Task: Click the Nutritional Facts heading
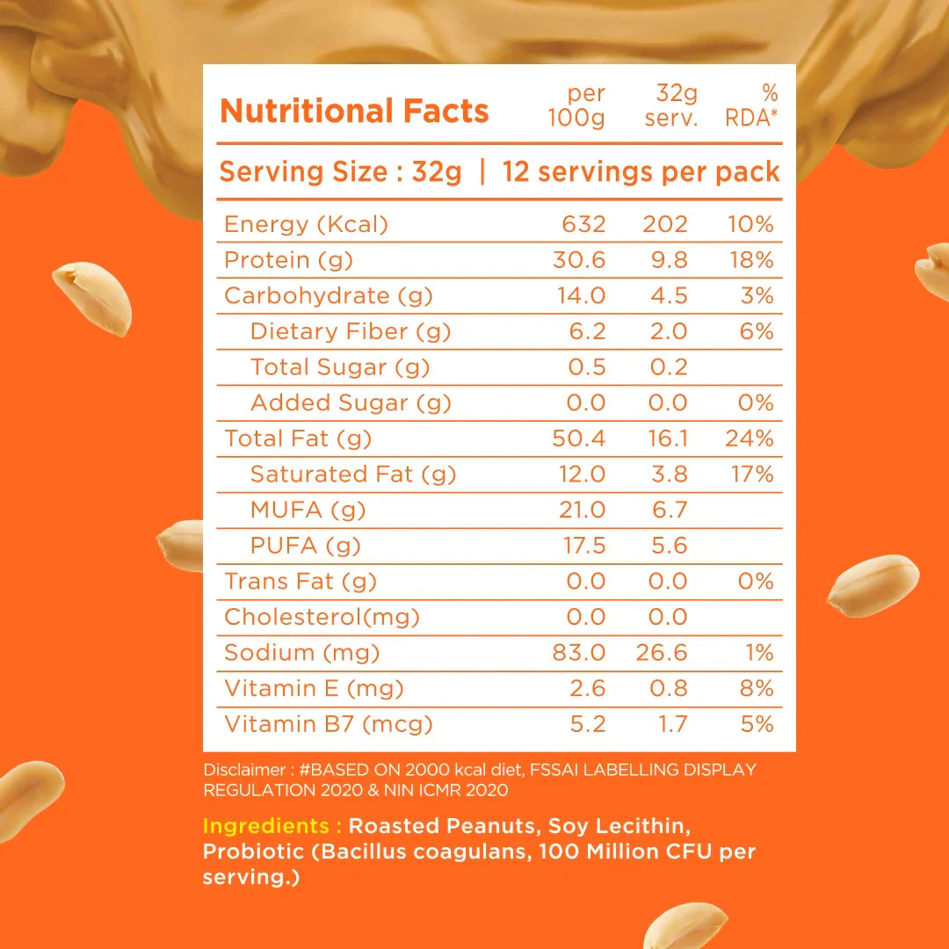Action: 354,112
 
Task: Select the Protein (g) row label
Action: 279,260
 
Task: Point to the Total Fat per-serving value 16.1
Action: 668,438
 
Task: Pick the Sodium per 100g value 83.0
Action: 581,653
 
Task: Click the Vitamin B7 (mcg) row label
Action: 329,724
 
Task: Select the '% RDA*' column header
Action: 752,105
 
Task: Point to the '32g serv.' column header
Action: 671,105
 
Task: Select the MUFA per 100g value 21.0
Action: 583,510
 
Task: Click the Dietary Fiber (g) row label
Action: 350,331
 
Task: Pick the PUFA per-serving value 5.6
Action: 669,546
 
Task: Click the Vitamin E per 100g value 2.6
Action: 586,689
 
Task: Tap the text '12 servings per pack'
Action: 641,171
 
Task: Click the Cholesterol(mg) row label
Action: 322,617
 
